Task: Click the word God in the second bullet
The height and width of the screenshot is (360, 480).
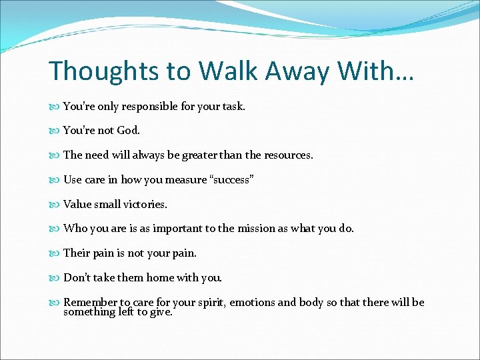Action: pos(127,131)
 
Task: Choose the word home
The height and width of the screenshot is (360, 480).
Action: pos(157,277)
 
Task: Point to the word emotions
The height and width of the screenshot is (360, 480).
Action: pos(253,303)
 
